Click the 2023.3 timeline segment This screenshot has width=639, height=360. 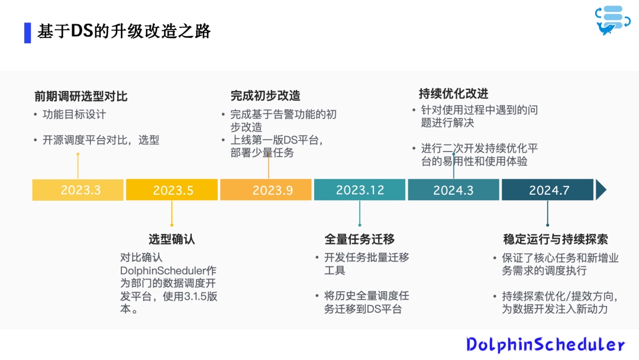coord(78,190)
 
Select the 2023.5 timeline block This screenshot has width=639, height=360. coord(172,190)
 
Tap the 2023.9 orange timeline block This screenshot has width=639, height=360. coord(266,190)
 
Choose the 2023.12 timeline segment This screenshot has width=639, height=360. coord(360,190)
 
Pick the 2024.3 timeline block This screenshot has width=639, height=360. coord(454,190)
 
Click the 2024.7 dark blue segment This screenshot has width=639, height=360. coord(547,190)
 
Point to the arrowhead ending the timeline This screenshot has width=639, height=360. coord(601,190)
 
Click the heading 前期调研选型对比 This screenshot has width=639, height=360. coord(80,97)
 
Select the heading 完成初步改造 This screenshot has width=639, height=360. coord(265,96)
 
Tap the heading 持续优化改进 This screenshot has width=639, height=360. coord(454,94)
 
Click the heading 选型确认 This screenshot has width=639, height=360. coord(172,239)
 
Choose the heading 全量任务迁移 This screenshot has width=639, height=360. coord(360,239)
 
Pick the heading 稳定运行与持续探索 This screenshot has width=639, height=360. coord(556,239)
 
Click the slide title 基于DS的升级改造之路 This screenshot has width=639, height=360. coord(124,31)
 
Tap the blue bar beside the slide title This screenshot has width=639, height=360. coord(28,33)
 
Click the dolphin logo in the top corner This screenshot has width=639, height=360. coord(612,20)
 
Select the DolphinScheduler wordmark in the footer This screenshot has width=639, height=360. coord(546,345)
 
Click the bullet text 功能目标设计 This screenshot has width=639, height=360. coord(74,114)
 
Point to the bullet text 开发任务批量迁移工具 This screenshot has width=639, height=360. coord(366,263)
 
